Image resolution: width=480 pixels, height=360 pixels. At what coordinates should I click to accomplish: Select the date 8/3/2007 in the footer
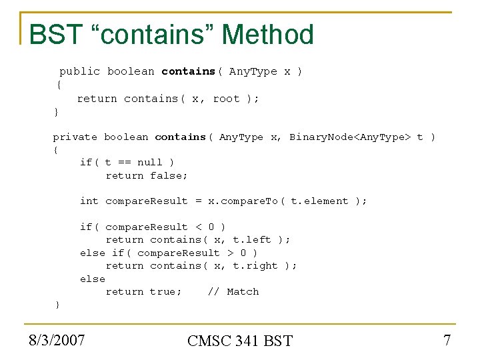coord(57,340)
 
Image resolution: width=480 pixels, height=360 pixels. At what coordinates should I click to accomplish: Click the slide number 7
coord(447,340)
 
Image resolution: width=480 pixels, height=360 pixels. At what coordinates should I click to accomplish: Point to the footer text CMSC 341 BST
coord(240,341)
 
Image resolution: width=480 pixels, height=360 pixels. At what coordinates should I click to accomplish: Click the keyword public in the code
coord(79,71)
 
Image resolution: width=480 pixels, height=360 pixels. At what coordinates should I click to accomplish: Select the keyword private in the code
coord(75,137)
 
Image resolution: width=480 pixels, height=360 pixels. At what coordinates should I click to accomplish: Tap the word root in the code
coord(226,99)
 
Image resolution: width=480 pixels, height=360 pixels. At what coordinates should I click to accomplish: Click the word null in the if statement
coord(149,162)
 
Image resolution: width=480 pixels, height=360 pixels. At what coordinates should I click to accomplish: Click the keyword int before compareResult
coord(89,201)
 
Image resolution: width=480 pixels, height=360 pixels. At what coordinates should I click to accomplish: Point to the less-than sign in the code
coord(198,227)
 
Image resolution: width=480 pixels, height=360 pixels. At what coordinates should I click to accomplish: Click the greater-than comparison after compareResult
coord(230,253)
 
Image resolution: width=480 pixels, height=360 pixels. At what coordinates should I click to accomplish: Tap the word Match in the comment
coord(243,291)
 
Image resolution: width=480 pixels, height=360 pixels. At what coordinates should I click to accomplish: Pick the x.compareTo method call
coord(245,201)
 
